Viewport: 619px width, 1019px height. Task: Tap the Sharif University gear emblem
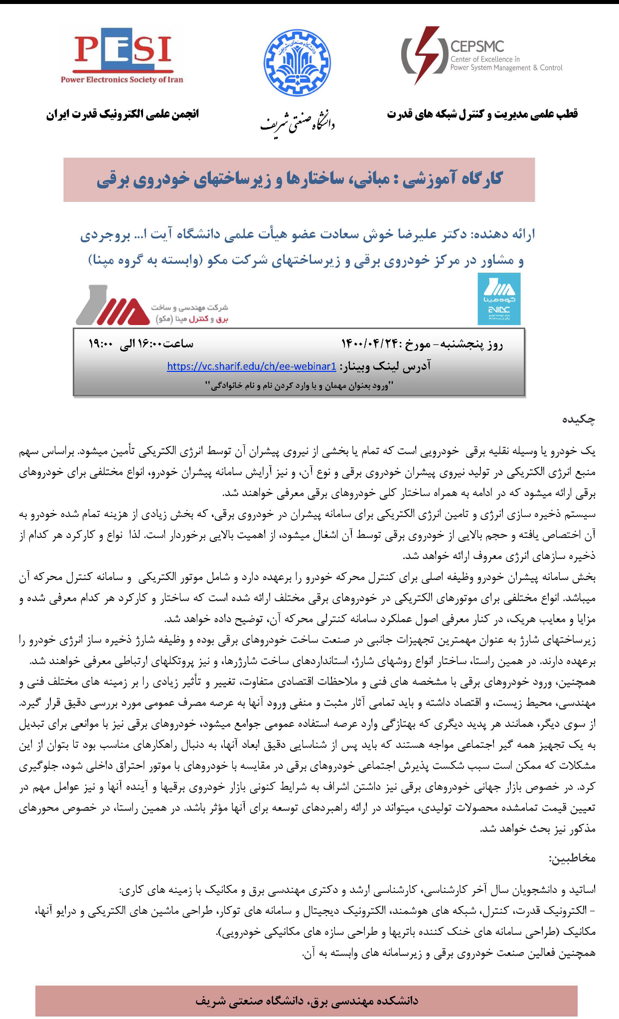tap(297, 63)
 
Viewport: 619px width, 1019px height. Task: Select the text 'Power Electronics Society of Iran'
tap(122, 80)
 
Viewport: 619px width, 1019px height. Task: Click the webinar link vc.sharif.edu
tap(252, 366)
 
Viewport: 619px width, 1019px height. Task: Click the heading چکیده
tap(579, 420)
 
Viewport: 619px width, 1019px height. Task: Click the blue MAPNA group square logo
tap(499, 299)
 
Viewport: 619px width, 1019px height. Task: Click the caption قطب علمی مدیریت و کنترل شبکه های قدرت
tap(482, 114)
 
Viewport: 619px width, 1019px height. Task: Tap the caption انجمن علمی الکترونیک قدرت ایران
tap(123, 114)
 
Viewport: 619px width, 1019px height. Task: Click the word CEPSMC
tap(477, 47)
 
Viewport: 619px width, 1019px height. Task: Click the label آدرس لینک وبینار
tap(386, 366)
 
